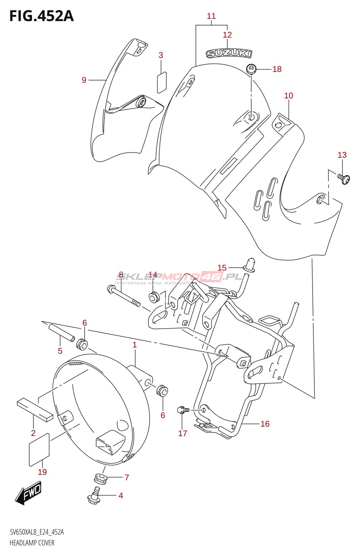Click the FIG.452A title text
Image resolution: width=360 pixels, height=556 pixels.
pyautogui.click(x=41, y=16)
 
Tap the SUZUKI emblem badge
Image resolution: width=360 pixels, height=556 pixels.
pyautogui.click(x=229, y=54)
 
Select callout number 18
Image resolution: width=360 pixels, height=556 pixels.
pyautogui.click(x=277, y=69)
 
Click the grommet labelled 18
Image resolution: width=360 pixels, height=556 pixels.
pyautogui.click(x=251, y=69)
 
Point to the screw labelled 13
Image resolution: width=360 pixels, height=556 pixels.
pyautogui.click(x=343, y=179)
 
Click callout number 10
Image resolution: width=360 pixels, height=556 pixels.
pyautogui.click(x=288, y=96)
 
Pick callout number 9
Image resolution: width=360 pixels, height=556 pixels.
pyautogui.click(x=84, y=80)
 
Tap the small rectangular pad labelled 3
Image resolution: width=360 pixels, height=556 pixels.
pyautogui.click(x=162, y=82)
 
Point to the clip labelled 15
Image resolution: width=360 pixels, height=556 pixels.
pyautogui.click(x=250, y=265)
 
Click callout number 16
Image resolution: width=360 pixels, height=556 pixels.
pyautogui.click(x=265, y=424)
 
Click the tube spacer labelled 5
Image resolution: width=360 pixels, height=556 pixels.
pyautogui.click(x=62, y=333)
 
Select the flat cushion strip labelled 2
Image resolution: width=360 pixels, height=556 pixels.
pyautogui.click(x=35, y=409)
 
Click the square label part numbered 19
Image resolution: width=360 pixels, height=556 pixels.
pyautogui.click(x=39, y=449)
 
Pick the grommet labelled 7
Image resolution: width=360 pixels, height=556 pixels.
pyautogui.click(x=100, y=478)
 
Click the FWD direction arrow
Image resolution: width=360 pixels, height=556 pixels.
pyautogui.click(x=28, y=493)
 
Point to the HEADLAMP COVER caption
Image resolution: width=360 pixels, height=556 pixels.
pyautogui.click(x=32, y=542)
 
